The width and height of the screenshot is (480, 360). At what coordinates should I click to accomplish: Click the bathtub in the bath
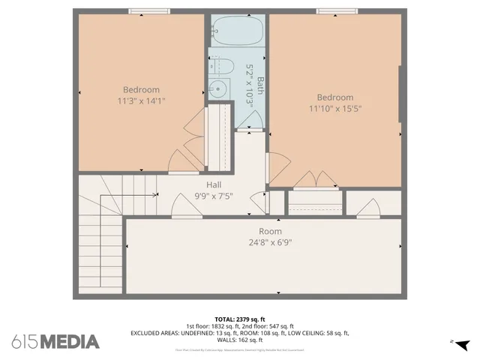coord(237,32)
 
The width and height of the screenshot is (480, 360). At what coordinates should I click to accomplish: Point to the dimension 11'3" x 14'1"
coord(141,100)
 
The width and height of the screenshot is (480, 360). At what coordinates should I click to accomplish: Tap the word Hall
coord(214,184)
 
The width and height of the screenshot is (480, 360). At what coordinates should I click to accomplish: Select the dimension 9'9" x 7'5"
coord(214,196)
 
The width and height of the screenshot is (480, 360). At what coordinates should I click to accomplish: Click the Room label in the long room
coord(270,231)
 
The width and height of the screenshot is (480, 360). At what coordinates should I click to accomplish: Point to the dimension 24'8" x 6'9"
coord(270,242)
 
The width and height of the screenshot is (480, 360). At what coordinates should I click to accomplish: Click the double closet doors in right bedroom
coord(315,180)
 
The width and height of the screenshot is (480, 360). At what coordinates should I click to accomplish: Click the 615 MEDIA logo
coord(55,342)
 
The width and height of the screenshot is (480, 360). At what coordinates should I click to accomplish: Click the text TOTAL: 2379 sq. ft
coord(239,319)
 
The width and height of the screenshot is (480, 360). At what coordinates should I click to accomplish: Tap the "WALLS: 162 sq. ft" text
coord(239,339)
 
